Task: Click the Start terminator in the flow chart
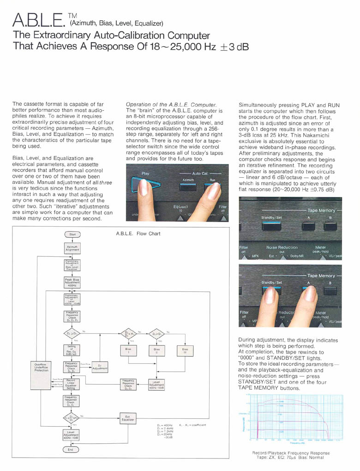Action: (x=72, y=235)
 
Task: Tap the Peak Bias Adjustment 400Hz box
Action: (x=72, y=282)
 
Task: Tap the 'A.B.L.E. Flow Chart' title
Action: (x=138, y=234)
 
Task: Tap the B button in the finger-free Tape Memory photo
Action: (x=330, y=227)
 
